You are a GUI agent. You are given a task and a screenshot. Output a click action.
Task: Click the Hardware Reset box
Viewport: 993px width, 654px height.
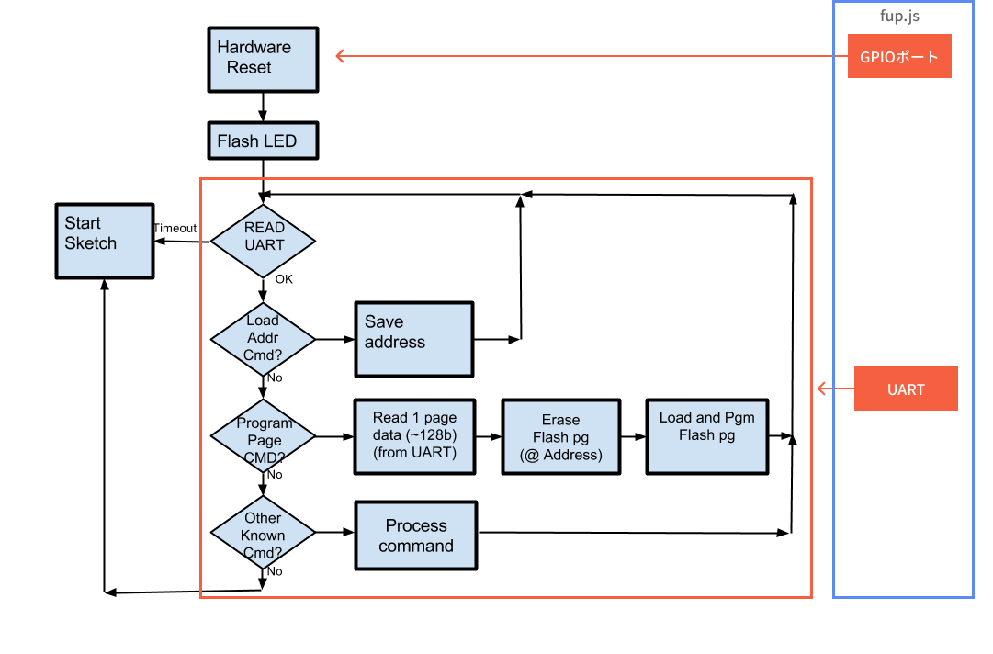[264, 60]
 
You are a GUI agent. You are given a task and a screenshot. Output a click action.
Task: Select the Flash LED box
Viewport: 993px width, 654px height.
[264, 141]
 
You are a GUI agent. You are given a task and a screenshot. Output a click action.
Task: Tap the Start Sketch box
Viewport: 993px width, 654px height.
[104, 242]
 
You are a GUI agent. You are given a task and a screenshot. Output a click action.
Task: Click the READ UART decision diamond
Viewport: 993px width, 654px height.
[264, 242]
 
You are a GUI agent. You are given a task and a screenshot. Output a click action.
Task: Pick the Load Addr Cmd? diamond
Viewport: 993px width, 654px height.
[264, 339]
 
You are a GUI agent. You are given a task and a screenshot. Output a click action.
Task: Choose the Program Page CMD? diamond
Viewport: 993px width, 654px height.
[264, 437]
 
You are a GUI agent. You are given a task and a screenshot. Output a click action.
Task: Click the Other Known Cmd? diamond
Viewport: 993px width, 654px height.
[264, 533]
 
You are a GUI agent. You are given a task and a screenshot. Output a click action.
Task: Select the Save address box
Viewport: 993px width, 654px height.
[414, 339]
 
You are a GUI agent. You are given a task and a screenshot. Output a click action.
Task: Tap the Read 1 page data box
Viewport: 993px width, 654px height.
[414, 436]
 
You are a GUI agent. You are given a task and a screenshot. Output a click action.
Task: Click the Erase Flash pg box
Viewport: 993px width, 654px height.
[561, 436]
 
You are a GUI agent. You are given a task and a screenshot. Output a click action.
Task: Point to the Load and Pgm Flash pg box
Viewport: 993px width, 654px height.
[706, 436]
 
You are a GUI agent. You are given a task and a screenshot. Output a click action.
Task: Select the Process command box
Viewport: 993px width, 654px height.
[416, 536]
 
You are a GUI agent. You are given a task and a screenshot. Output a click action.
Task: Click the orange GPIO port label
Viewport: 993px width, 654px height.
[899, 57]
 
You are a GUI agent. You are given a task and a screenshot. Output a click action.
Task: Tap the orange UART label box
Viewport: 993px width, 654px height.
[906, 389]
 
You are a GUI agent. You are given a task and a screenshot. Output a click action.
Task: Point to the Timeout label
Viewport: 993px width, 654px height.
[175, 229]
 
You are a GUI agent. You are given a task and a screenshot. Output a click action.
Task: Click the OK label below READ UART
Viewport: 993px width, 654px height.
[284, 279]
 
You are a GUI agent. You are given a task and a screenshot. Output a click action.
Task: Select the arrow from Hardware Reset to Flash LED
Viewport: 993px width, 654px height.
[264, 107]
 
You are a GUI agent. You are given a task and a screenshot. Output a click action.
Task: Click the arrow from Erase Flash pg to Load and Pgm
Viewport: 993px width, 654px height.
[633, 437]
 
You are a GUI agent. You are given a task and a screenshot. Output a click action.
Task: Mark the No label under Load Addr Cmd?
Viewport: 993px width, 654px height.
[275, 378]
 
